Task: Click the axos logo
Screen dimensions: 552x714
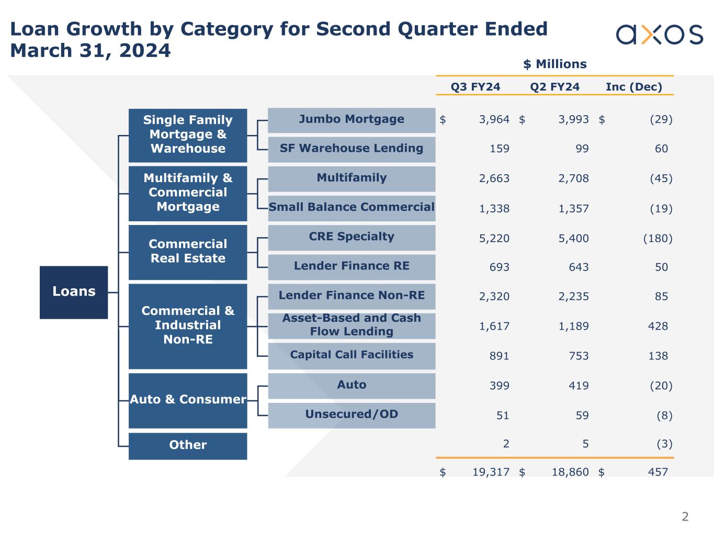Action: pyautogui.click(x=659, y=35)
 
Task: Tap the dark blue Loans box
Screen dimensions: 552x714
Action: pyautogui.click(x=74, y=292)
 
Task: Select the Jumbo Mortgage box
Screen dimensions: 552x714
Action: pyautogui.click(x=352, y=120)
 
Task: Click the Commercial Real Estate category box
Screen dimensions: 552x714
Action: pyautogui.click(x=188, y=252)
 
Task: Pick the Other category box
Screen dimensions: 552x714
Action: pyautogui.click(x=188, y=446)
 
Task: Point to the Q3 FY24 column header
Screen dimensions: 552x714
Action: pyautogui.click(x=475, y=87)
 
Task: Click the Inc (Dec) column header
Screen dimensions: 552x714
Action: pyautogui.click(x=634, y=87)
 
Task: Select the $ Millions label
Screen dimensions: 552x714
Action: pyautogui.click(x=555, y=64)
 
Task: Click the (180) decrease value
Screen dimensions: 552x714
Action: pyautogui.click(x=658, y=239)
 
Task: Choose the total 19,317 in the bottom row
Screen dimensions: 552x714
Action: pyautogui.click(x=491, y=472)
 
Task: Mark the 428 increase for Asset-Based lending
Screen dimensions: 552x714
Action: pyautogui.click(x=658, y=326)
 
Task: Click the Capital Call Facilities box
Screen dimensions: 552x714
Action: pyautogui.click(x=352, y=355)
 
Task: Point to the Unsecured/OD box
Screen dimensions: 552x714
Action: pyautogui.click(x=352, y=415)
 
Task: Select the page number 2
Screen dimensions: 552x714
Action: pyautogui.click(x=685, y=517)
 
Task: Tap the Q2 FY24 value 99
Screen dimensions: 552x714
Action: pyautogui.click(x=582, y=149)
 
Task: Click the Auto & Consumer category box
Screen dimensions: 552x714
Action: pyautogui.click(x=188, y=400)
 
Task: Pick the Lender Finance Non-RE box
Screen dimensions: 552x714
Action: pyautogui.click(x=352, y=296)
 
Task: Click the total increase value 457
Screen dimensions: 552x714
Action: pyautogui.click(x=658, y=472)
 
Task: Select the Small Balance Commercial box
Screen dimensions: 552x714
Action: pyautogui.click(x=352, y=208)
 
